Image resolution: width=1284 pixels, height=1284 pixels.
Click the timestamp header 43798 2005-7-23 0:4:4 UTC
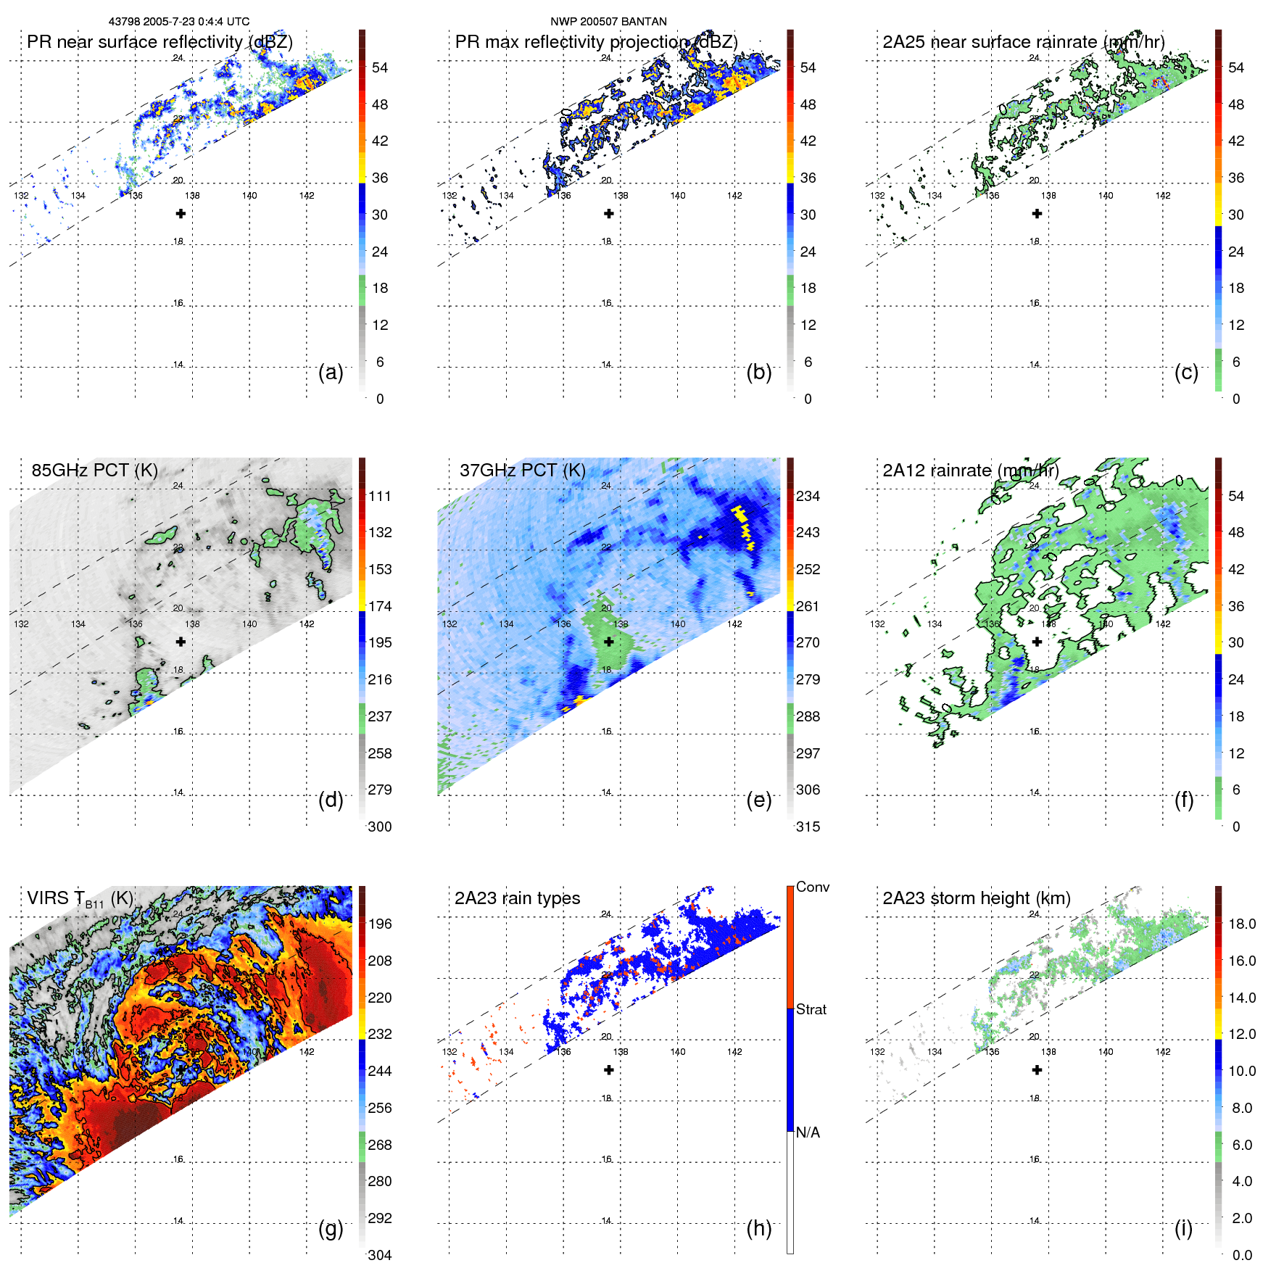(x=178, y=22)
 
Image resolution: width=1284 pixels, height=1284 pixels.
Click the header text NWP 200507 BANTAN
(x=608, y=22)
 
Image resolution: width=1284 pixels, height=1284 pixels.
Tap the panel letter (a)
(x=331, y=372)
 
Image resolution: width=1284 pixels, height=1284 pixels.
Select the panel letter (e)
(x=759, y=800)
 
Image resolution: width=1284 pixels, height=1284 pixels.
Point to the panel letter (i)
(x=1183, y=1228)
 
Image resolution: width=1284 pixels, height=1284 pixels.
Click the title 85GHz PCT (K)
(x=94, y=471)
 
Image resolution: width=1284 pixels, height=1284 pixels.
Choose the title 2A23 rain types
(x=517, y=898)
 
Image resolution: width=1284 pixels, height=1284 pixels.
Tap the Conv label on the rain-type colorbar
(x=813, y=887)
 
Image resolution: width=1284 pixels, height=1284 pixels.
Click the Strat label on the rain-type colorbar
(x=811, y=1010)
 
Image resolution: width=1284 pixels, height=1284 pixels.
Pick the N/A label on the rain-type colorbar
(x=808, y=1132)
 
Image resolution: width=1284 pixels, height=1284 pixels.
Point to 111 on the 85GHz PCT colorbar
(x=380, y=497)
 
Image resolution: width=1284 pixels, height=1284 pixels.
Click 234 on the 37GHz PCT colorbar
(x=808, y=497)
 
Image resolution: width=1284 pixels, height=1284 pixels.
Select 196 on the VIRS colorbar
(x=380, y=924)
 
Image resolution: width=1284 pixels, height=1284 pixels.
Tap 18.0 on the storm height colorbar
(x=1242, y=924)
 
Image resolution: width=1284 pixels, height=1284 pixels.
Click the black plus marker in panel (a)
(x=181, y=214)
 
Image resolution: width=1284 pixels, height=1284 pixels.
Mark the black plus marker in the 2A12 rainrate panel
(x=1037, y=642)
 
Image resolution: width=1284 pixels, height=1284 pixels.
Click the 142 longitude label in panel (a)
(x=307, y=196)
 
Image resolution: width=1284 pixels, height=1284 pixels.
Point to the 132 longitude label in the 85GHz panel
(x=21, y=624)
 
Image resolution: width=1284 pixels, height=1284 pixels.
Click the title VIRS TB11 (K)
(x=80, y=899)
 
